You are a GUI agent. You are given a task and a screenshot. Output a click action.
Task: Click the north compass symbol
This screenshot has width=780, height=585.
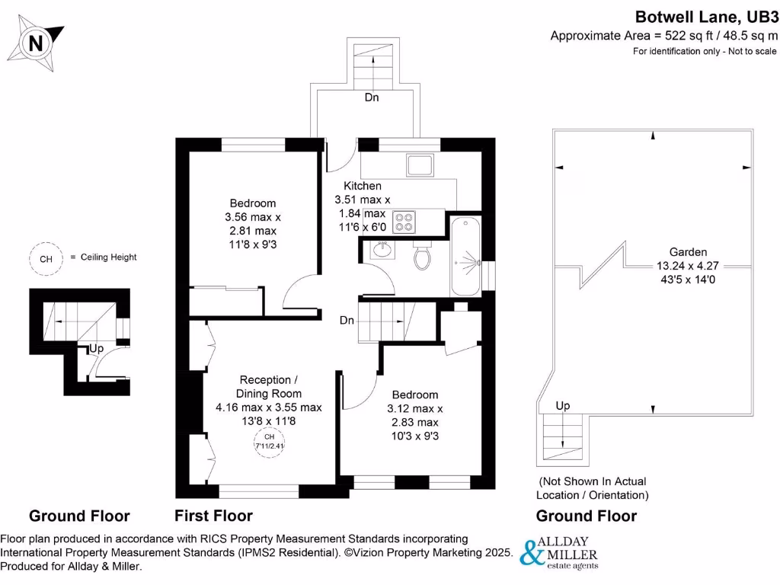click(x=36, y=43)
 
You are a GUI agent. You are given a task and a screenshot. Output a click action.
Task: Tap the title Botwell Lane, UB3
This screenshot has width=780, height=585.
click(x=706, y=16)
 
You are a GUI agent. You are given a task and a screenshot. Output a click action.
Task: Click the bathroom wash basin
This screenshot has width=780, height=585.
click(x=382, y=251)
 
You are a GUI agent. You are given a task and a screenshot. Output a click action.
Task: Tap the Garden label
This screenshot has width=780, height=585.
click(x=688, y=251)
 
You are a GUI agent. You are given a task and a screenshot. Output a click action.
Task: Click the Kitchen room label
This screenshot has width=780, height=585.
click(x=363, y=186)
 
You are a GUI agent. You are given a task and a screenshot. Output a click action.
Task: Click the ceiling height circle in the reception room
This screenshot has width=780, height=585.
click(x=268, y=441)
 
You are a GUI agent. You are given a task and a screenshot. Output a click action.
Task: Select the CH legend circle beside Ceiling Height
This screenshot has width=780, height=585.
click(x=46, y=258)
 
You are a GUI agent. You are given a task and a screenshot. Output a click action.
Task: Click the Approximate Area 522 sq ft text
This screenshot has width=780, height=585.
click(x=664, y=35)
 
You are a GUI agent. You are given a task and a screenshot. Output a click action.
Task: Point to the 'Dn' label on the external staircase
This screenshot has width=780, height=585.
click(x=371, y=97)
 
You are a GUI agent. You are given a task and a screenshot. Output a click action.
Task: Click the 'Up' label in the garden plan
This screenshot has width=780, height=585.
click(x=562, y=405)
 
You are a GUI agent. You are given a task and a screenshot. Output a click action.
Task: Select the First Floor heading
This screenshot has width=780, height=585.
click(x=213, y=516)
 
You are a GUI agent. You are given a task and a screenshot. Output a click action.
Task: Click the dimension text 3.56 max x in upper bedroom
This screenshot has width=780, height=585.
click(x=253, y=217)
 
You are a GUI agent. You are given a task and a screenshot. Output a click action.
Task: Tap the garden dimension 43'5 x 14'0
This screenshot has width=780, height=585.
click(x=688, y=280)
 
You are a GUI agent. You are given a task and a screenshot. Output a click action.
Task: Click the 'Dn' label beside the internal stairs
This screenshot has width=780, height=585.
click(x=347, y=321)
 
